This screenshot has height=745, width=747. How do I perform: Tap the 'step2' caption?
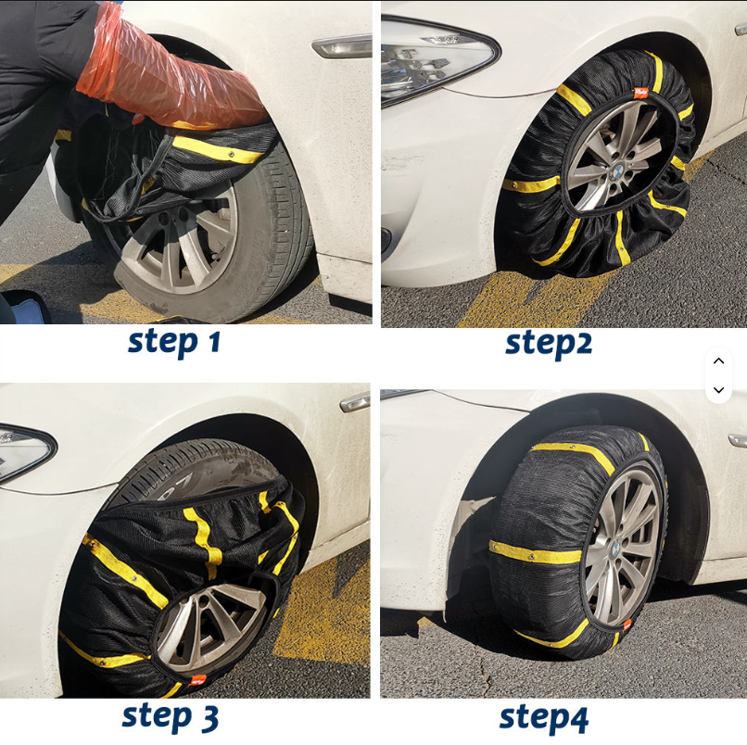coord(549,344)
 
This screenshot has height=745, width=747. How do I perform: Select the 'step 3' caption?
coord(171,717)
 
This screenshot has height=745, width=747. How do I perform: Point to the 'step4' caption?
coord(544,719)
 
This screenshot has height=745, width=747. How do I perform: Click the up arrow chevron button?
coord(719,361)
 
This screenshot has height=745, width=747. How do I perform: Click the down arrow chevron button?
coord(719,390)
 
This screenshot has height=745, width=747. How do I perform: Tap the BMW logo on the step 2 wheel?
coord(618,170)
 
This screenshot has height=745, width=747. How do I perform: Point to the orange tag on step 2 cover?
coord(639,93)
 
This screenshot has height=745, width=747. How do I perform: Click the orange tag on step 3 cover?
coord(198,680)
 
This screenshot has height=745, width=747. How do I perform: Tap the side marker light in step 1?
coord(342,46)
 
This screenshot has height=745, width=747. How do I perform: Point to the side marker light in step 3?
coord(355,402)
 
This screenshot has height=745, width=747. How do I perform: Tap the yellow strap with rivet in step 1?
coord(217,150)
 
